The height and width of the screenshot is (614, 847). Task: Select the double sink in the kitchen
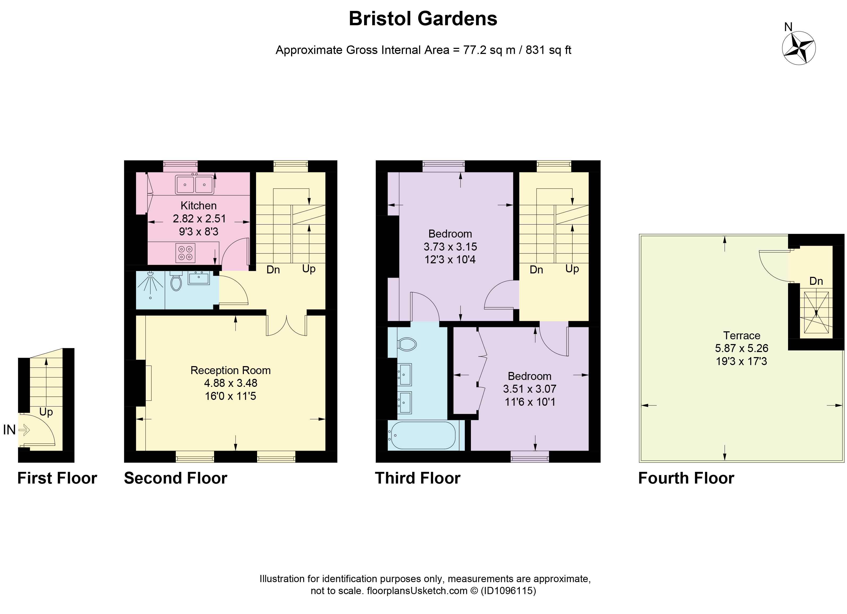click(195, 184)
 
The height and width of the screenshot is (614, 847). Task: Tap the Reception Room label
click(231, 370)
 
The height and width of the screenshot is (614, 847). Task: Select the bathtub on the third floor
click(422, 435)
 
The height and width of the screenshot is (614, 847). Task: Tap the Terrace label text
click(741, 335)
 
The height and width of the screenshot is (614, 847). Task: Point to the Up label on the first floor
click(46, 412)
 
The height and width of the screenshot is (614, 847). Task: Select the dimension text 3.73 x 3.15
click(450, 247)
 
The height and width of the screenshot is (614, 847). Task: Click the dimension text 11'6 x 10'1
click(530, 402)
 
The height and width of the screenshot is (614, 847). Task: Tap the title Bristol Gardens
click(423, 19)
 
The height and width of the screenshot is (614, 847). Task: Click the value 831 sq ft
click(548, 50)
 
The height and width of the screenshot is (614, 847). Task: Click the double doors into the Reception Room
click(286, 326)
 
